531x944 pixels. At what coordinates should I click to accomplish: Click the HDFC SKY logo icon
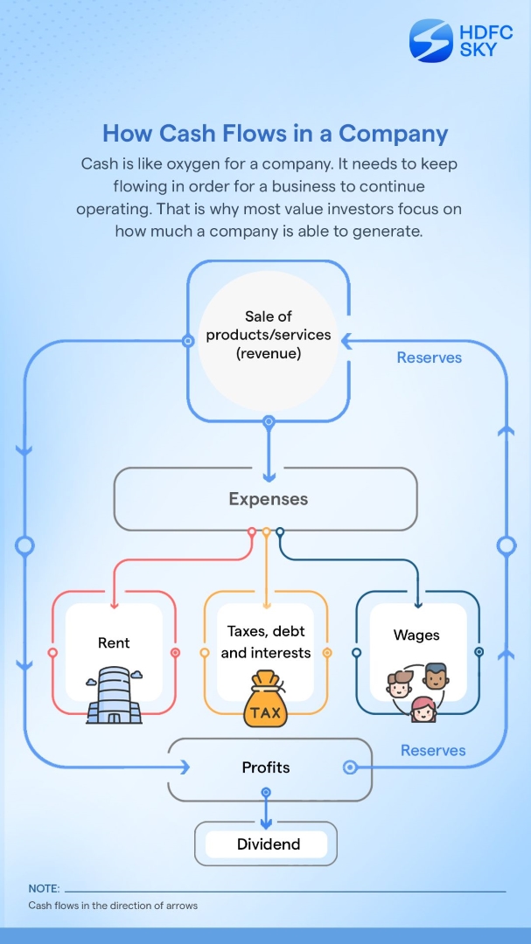tap(431, 41)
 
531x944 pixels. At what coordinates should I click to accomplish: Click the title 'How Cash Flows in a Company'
tap(275, 134)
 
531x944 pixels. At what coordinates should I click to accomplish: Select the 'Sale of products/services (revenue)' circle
tap(269, 335)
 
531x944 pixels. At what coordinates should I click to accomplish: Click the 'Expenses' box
tap(268, 499)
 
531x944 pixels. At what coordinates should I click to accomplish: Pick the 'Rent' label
tap(114, 642)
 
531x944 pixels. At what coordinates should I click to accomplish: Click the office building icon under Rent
tap(114, 695)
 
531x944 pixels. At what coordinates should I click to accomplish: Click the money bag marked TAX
tap(266, 700)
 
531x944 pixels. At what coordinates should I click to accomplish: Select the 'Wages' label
tap(416, 635)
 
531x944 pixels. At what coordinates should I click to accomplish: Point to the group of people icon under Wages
tap(418, 691)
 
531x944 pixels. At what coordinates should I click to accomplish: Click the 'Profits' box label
tap(266, 767)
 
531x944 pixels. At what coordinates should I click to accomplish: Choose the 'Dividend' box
tap(268, 844)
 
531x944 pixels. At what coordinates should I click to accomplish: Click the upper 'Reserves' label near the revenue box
tap(429, 357)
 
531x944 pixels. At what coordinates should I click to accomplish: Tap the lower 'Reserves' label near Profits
tap(433, 750)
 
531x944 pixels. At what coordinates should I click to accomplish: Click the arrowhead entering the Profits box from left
tap(185, 767)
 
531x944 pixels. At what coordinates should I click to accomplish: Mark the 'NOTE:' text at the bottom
tap(44, 888)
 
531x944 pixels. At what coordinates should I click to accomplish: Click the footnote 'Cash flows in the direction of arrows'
tap(113, 906)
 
